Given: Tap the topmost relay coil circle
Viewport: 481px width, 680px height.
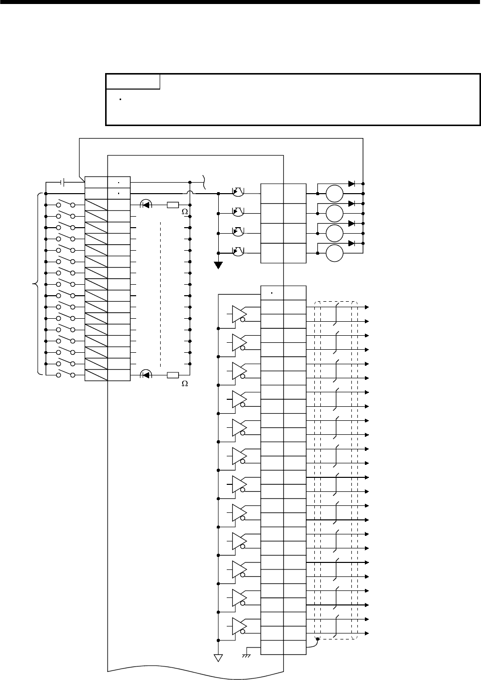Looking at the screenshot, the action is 334,194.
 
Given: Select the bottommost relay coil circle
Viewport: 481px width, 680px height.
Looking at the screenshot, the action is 334,253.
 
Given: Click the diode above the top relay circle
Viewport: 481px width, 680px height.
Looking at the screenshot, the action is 351,184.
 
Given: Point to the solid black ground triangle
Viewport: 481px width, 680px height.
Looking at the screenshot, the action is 218,265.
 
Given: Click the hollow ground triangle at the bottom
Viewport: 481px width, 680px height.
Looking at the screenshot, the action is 218,657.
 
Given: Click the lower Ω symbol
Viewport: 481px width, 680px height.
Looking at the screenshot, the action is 184,384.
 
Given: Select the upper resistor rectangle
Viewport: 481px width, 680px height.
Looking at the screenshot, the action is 173,205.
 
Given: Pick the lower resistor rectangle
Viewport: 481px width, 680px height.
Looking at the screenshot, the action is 173,374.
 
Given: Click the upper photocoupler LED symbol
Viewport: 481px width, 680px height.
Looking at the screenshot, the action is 146,204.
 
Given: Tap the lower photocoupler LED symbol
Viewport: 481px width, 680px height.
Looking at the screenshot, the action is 146,374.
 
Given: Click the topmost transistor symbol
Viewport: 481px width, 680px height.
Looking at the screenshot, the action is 238,192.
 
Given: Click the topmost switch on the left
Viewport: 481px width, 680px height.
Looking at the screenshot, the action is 66,204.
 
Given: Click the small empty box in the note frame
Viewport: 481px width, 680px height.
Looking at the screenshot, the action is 133,82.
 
